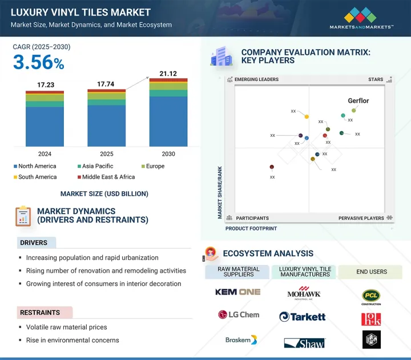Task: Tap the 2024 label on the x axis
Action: click(45, 154)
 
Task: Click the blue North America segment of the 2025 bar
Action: click(106, 126)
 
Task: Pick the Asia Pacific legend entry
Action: click(98, 166)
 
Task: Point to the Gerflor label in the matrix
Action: click(358, 101)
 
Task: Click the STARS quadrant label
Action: click(376, 80)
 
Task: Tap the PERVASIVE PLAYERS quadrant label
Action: click(361, 218)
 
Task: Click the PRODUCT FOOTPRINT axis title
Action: click(251, 228)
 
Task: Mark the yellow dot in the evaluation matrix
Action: click(307, 117)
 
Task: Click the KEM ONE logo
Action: click(237, 292)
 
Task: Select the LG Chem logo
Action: click(239, 315)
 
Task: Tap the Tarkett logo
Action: click(303, 317)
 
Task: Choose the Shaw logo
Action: click(304, 342)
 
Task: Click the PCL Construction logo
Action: click(371, 296)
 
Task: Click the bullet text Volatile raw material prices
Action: click(66, 327)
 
